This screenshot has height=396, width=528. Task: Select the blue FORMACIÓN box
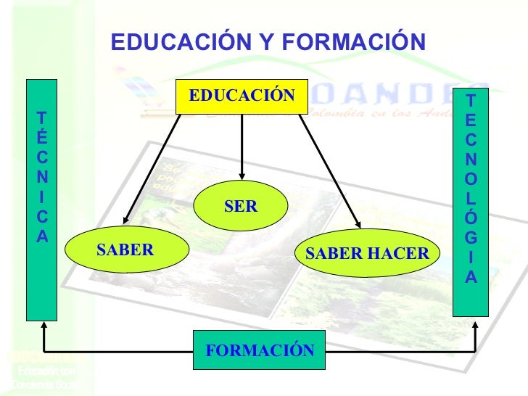click(x=260, y=351)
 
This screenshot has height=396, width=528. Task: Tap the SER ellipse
click(x=241, y=207)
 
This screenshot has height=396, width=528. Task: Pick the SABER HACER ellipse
click(x=368, y=254)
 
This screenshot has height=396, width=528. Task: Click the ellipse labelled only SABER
click(x=125, y=251)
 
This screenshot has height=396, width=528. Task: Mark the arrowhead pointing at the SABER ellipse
click(x=127, y=220)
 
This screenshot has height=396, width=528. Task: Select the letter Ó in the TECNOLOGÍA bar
click(x=471, y=218)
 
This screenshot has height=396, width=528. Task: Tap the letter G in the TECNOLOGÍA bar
click(x=471, y=237)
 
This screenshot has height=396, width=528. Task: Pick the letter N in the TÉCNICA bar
click(x=43, y=176)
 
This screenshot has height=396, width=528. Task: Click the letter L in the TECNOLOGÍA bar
click(x=471, y=198)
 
